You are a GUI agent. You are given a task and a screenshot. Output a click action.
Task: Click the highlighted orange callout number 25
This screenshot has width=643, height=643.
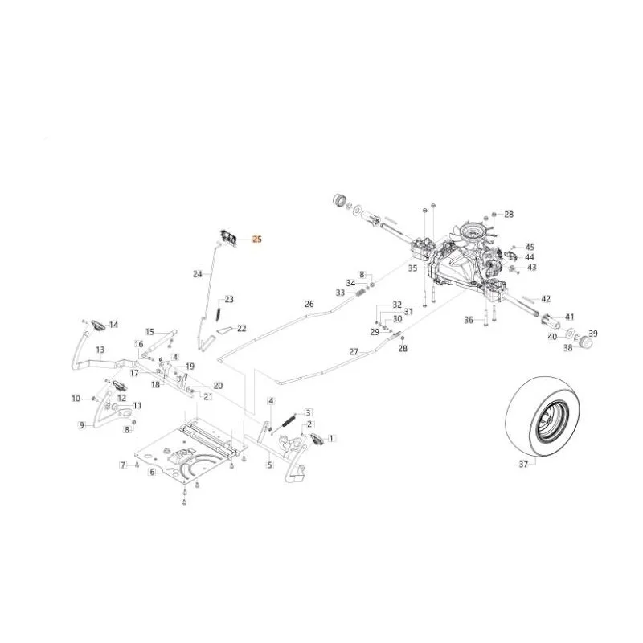[x=257, y=239]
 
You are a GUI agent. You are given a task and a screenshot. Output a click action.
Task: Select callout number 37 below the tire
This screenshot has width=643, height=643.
[x=523, y=465]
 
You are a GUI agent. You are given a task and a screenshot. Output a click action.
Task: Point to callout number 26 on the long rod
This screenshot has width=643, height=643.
[x=309, y=304]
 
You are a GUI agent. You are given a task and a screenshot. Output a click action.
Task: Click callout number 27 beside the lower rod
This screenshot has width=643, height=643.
[x=354, y=351]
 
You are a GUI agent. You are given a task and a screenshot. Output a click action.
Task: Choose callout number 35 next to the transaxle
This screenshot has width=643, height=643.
[x=412, y=268]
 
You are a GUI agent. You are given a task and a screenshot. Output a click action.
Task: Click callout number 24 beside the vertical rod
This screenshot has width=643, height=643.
[x=198, y=273]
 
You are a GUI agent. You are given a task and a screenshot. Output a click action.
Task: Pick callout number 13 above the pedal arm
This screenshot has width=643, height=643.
[x=100, y=350]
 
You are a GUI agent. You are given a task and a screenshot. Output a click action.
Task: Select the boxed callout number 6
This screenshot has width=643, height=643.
[x=153, y=472]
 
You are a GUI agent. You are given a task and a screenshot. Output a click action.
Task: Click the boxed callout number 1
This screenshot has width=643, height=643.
[x=331, y=438]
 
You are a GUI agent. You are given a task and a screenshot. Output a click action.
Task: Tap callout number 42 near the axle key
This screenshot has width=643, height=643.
[x=546, y=299]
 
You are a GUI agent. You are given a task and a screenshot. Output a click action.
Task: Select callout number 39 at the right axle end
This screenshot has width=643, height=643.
[x=593, y=334]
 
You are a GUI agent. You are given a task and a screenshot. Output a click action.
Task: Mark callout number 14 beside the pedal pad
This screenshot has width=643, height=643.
[x=113, y=325]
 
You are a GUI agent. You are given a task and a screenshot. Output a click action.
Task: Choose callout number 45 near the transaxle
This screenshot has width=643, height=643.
[x=530, y=247]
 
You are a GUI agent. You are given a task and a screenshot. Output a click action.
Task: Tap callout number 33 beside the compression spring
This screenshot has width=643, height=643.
[x=340, y=293]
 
